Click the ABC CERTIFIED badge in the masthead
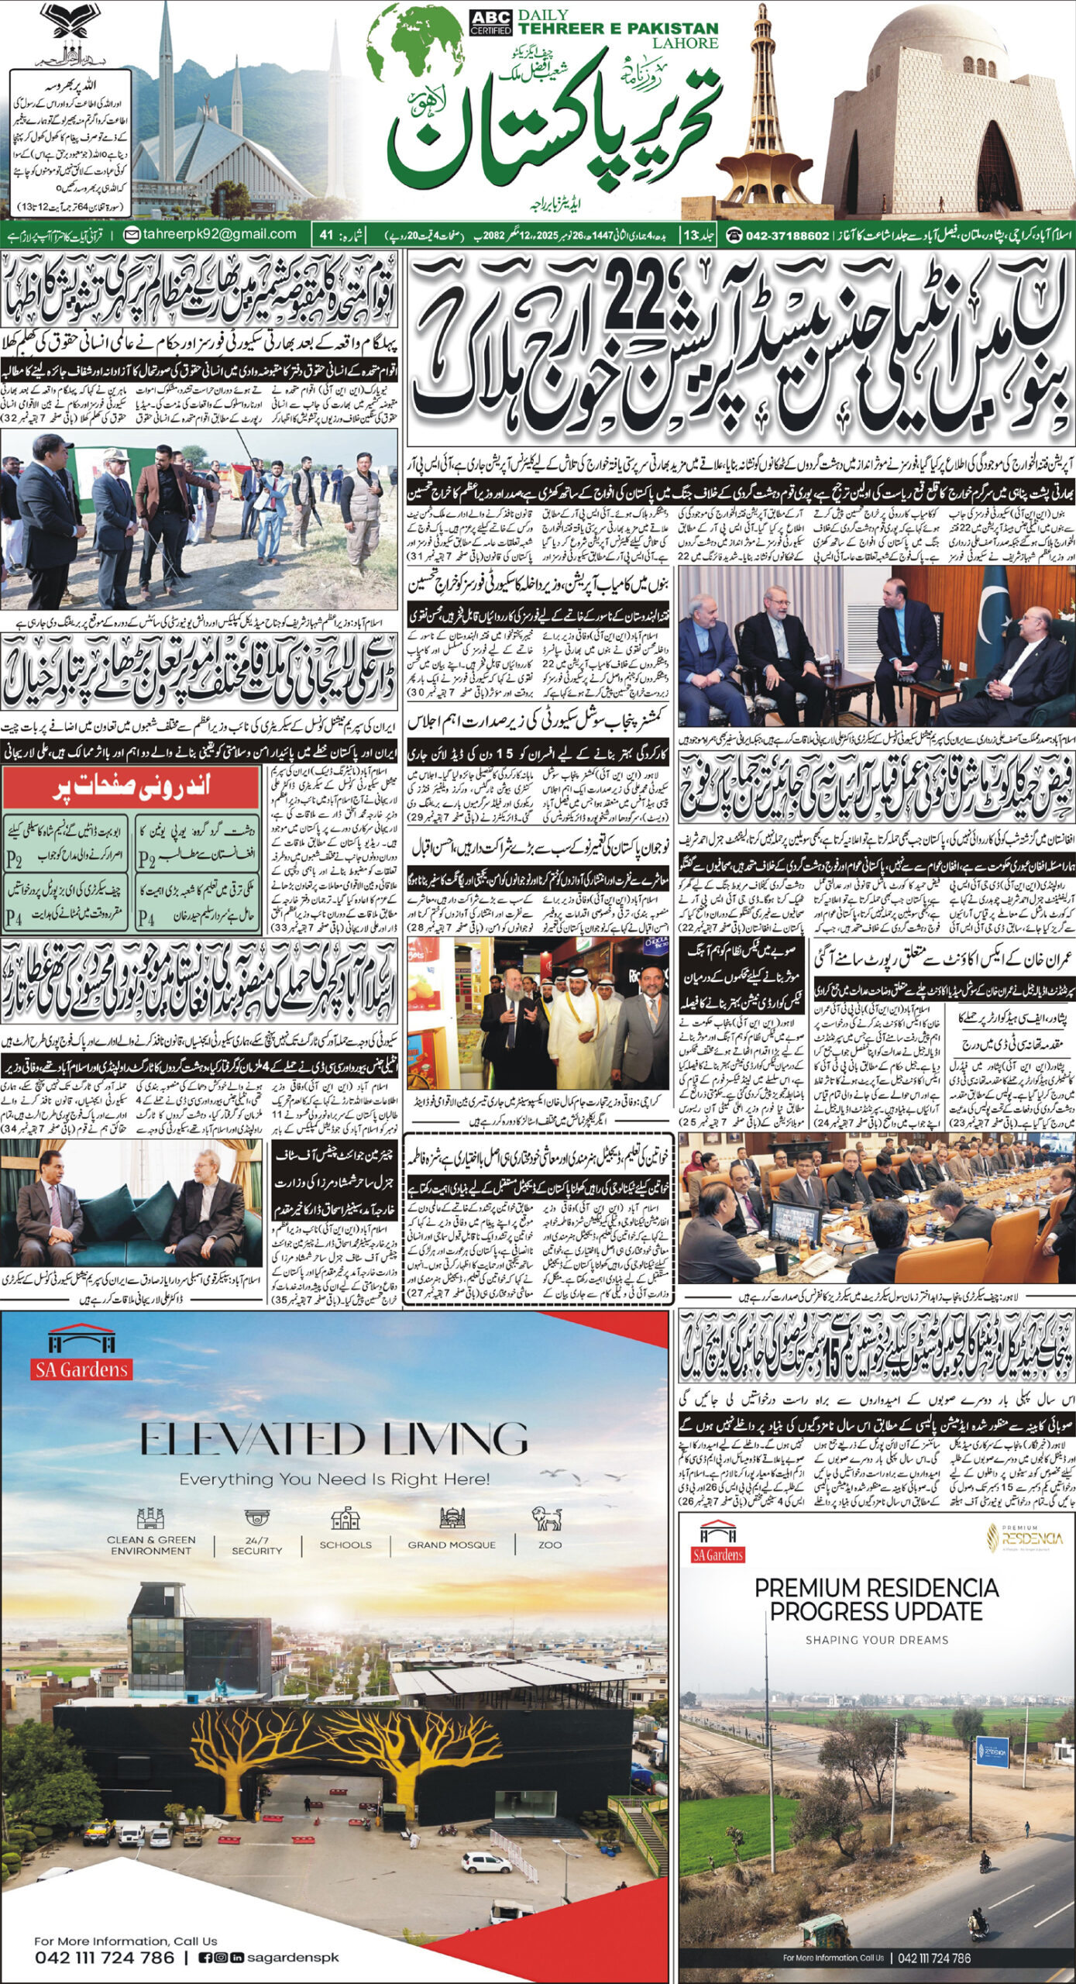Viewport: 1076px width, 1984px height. [x=490, y=22]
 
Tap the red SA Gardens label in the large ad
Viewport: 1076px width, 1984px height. [x=81, y=1369]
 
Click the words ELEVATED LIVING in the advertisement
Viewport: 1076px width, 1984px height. [x=334, y=1439]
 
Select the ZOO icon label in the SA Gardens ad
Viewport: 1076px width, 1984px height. [x=550, y=1544]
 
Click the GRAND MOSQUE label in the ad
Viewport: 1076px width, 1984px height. [x=452, y=1544]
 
